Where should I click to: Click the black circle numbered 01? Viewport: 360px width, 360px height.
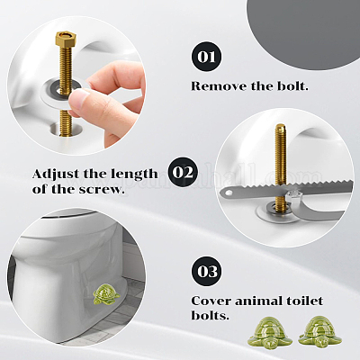tap(206, 57)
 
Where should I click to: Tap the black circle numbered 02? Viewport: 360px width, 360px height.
tap(183, 172)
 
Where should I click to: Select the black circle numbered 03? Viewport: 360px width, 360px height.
tap(206, 271)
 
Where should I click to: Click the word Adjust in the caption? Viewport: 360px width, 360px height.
tap(56, 175)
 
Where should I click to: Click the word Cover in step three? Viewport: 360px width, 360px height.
tap(211, 301)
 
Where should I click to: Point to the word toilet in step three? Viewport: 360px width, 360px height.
tap(306, 301)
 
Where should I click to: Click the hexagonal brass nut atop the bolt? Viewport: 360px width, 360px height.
tap(66, 38)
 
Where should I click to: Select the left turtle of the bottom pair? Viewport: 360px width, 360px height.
tap(269, 331)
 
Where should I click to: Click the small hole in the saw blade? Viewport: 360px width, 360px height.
tap(229, 193)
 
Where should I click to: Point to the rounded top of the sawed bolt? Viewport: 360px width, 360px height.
tap(281, 127)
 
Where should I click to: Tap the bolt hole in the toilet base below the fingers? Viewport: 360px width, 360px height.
tap(66, 129)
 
